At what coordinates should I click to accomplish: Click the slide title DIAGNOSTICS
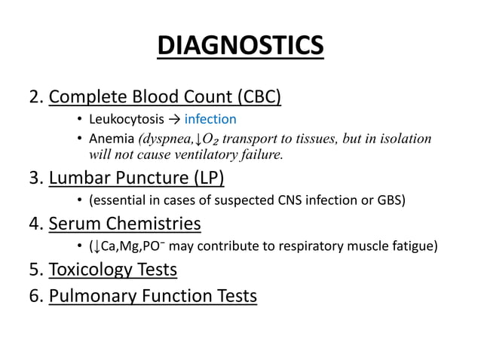pyautogui.click(x=240, y=46)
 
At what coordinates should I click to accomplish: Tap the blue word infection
pyautogui.click(x=210, y=119)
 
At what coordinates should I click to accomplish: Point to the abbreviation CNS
pyautogui.click(x=299, y=200)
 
